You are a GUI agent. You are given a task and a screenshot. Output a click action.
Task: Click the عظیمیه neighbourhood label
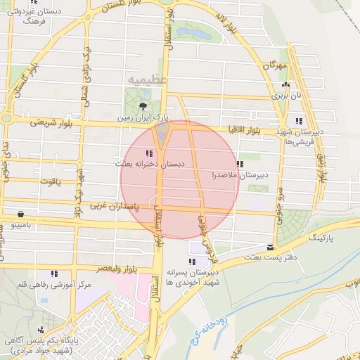click(x=148, y=79)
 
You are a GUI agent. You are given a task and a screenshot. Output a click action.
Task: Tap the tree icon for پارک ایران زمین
click(x=143, y=106)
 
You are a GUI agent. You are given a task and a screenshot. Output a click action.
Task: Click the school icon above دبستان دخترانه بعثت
click(x=148, y=153)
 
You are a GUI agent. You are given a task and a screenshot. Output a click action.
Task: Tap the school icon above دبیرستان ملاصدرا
click(x=240, y=164)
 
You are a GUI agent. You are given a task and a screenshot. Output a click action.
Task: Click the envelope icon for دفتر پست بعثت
click(x=271, y=247)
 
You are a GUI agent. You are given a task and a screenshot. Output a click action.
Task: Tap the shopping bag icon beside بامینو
click(x=20, y=214)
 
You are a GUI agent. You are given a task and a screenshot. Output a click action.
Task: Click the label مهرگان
click(x=276, y=65)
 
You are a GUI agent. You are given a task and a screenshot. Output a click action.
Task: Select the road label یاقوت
click(x=51, y=181)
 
